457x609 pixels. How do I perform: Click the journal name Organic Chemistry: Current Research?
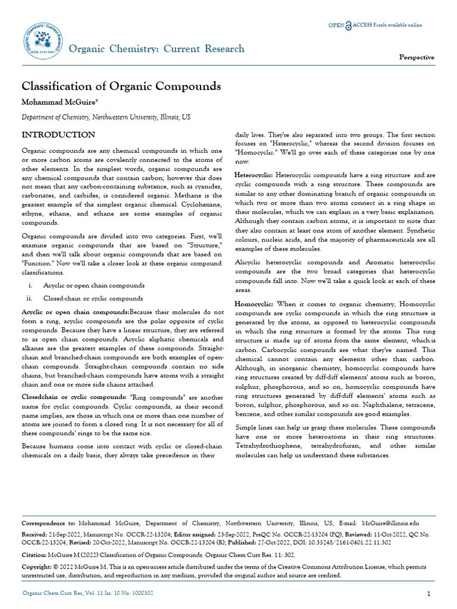pyautogui.click(x=156, y=49)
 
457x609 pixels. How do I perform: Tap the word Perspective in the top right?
pyautogui.click(x=416, y=57)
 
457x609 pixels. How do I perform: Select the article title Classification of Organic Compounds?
pyautogui.click(x=121, y=86)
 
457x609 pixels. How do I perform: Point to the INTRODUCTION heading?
pyautogui.click(x=58, y=135)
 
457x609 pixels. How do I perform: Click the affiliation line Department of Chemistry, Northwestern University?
pyautogui.click(x=107, y=118)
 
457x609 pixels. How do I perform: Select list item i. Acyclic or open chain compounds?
pyautogui.click(x=93, y=285)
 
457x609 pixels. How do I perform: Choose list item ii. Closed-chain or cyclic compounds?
pyautogui.click(x=92, y=299)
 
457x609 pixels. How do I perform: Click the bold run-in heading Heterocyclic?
pyautogui.click(x=254, y=175)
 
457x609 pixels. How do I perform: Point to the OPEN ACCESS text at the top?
pyautogui.click(x=375, y=24)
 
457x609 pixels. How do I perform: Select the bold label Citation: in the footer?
pyautogui.click(x=35, y=554)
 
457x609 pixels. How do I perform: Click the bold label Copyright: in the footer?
pyautogui.click(x=37, y=567)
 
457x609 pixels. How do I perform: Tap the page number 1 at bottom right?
pyautogui.click(x=428, y=595)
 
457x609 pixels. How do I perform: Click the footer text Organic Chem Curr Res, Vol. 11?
pyautogui.click(x=87, y=593)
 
